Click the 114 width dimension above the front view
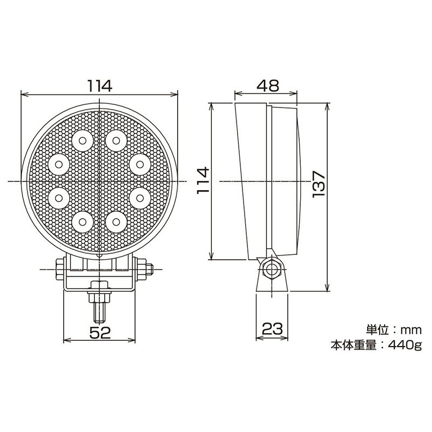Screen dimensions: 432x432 (99, 85)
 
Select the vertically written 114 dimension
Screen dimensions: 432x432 (201, 181)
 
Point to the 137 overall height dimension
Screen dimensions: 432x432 (318, 184)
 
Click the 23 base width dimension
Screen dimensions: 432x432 (272, 328)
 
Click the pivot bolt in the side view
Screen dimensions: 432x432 (271, 268)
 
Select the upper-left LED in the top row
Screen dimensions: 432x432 (82, 141)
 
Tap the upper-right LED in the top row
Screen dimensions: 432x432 (114, 141)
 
